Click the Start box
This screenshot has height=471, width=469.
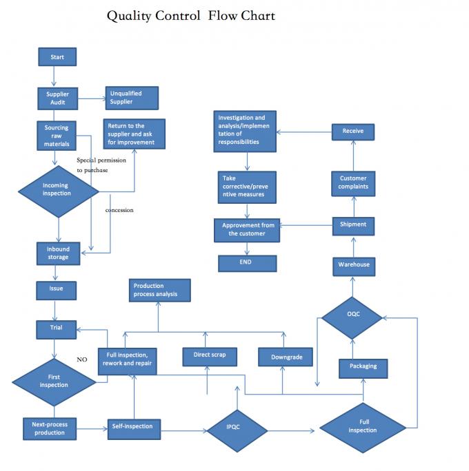coord(57,57)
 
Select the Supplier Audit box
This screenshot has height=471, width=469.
coord(57,98)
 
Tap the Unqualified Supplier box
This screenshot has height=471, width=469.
coord(132,98)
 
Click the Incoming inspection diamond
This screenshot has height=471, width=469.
coord(57,190)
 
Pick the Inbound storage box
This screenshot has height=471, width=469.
coord(58,253)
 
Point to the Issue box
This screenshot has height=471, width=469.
coord(57,289)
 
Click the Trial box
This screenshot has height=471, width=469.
coord(57,328)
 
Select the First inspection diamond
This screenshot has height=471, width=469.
coord(54,381)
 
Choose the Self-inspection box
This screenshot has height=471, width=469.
coord(132,428)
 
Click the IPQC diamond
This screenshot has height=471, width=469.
coord(237,429)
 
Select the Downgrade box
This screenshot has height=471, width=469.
coord(285,357)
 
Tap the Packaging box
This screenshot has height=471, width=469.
coord(363,368)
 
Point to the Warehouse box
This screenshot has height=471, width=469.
coord(354,265)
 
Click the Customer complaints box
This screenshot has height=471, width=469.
coord(354,182)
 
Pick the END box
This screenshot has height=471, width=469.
coord(247,263)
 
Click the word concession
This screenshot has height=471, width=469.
coord(119,210)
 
